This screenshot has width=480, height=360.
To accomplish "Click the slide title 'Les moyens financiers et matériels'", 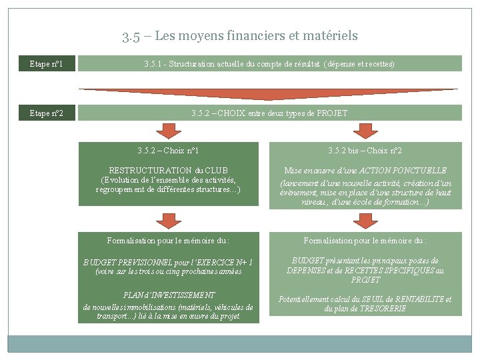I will click(240, 36).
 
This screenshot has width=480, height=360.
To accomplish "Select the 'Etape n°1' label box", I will click(47, 64).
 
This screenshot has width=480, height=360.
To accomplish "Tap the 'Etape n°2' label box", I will click(47, 113).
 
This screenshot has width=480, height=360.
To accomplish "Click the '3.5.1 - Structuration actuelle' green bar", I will click(269, 64).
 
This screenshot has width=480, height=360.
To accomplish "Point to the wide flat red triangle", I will click(269, 93).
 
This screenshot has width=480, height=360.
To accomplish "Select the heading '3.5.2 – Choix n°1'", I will click(168, 151).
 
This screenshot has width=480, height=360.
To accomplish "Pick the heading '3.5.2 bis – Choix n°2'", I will click(365, 151).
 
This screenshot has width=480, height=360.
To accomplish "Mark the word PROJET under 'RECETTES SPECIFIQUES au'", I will click(365, 280).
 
